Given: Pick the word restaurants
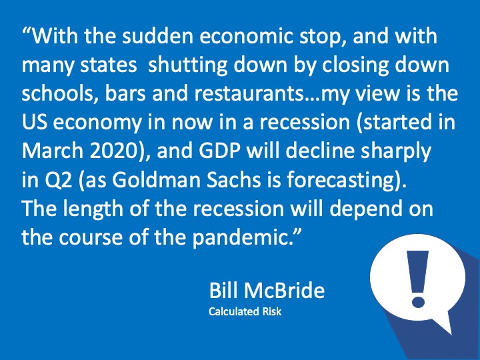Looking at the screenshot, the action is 248,94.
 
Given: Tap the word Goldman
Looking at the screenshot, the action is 156,180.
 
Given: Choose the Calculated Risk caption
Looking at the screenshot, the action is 245,311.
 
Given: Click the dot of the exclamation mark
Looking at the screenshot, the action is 418,301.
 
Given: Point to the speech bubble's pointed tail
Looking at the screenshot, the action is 451,333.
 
